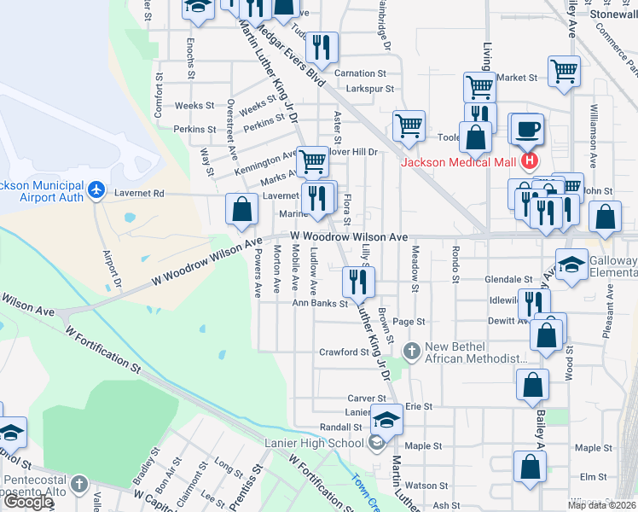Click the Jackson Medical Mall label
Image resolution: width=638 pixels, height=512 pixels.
(459, 162)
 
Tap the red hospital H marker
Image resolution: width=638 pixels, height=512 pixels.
(530, 160)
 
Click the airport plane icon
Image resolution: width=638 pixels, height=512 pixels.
(96, 188)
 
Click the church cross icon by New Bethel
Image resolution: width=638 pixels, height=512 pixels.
(413, 350)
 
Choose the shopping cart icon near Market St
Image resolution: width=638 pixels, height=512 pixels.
(564, 72)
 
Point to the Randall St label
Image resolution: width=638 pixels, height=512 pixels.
(340, 427)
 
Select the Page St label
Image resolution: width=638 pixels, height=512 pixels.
(409, 322)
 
